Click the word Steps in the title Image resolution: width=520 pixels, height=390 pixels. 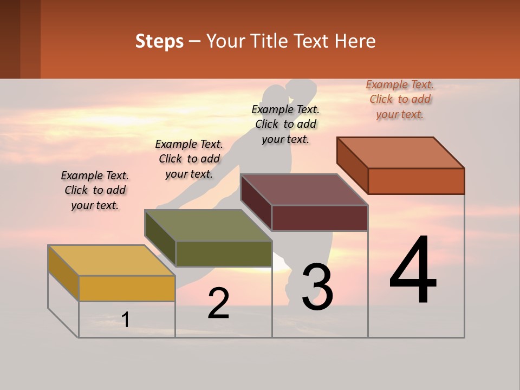(159, 41)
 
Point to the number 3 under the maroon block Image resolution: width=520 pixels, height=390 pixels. (317, 287)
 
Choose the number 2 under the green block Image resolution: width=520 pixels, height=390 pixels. (218, 303)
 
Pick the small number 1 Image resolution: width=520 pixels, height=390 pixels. (126, 320)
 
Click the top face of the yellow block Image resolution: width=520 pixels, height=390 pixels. (112, 261)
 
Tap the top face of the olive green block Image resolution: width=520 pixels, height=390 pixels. (209, 225)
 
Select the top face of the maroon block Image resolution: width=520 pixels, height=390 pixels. (304, 190)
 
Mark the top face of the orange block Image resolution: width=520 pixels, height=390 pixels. (401, 153)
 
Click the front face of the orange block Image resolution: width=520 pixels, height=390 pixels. (416, 181)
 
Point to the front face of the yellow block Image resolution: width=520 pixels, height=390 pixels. (127, 288)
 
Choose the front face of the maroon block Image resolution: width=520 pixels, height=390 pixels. (320, 218)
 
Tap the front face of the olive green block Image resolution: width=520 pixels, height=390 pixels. (223, 253)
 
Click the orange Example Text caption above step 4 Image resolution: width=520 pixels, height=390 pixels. (400, 99)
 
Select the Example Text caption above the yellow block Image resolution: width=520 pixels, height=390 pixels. (95, 190)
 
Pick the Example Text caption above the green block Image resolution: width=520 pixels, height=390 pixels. (189, 159)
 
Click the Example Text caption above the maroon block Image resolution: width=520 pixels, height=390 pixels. (285, 124)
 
